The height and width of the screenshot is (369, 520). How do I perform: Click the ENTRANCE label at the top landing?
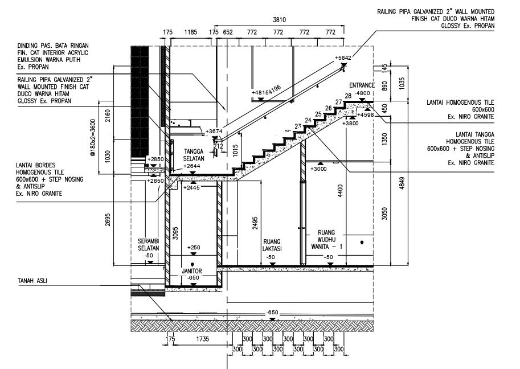[x=362, y=85]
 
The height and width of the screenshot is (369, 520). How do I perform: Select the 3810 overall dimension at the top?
[x=279, y=20]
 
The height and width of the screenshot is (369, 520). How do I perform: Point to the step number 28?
[x=348, y=96]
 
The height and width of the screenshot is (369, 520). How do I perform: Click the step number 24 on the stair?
[x=308, y=120]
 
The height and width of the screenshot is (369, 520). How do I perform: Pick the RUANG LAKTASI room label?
[x=271, y=245]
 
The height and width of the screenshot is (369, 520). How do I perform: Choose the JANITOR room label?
[x=193, y=271]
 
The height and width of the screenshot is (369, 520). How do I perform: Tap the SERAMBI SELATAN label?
[x=148, y=245]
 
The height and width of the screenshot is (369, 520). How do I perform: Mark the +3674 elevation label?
[x=214, y=132]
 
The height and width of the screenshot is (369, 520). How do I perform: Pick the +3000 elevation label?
[x=318, y=169]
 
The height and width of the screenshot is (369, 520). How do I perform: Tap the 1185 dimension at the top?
[x=191, y=32]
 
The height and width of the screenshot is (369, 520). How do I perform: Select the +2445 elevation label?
[x=192, y=188]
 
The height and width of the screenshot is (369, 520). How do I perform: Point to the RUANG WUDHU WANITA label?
[x=326, y=240]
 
